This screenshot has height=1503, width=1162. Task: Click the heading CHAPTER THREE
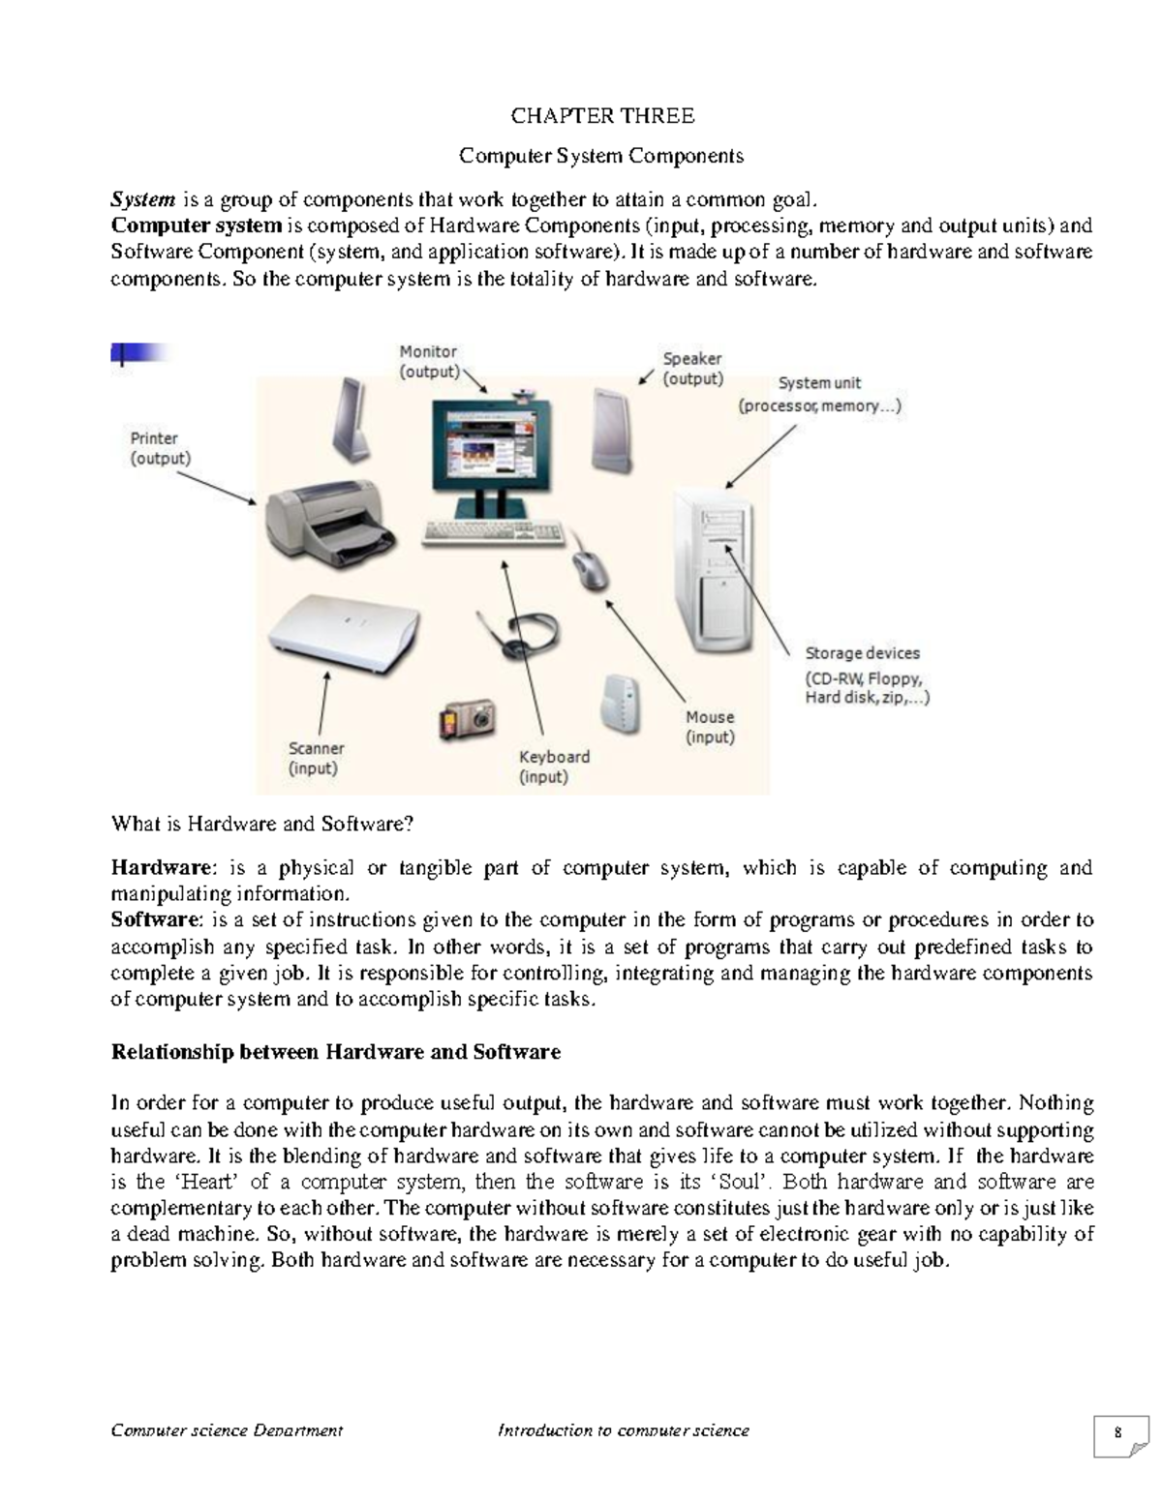coord(601,116)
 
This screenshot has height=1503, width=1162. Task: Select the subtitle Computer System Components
coord(601,156)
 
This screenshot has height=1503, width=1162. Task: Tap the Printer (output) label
coord(161,448)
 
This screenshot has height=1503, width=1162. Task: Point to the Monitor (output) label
coord(429,361)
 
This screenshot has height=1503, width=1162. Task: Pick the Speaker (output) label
coord(692,369)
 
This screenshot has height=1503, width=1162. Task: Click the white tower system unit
coord(715,571)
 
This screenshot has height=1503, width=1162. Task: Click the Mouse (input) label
coord(710,727)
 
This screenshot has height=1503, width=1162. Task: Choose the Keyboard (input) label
coord(554,767)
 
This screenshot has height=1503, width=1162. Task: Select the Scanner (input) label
coord(316,758)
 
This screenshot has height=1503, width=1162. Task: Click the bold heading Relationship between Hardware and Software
coord(336,1052)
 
